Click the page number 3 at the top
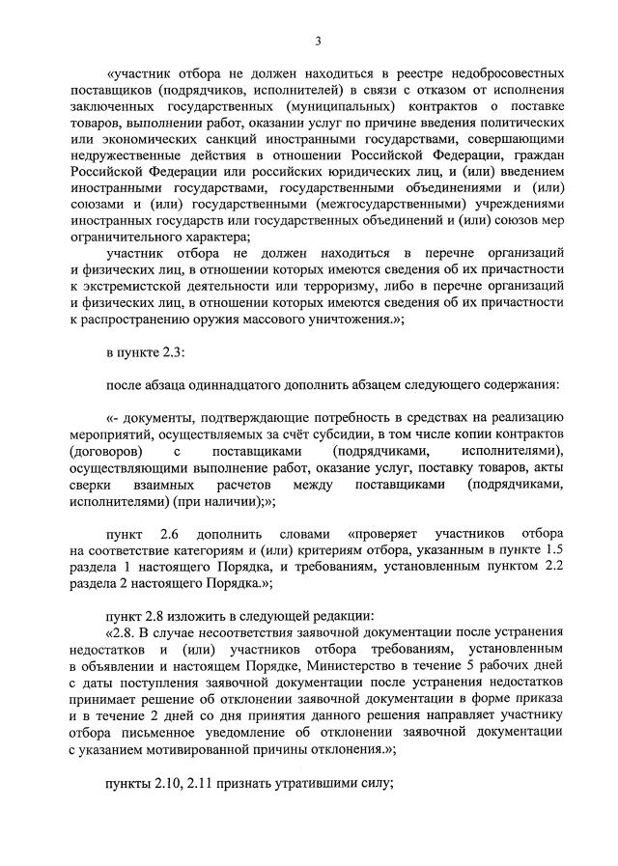tap(316, 40)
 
